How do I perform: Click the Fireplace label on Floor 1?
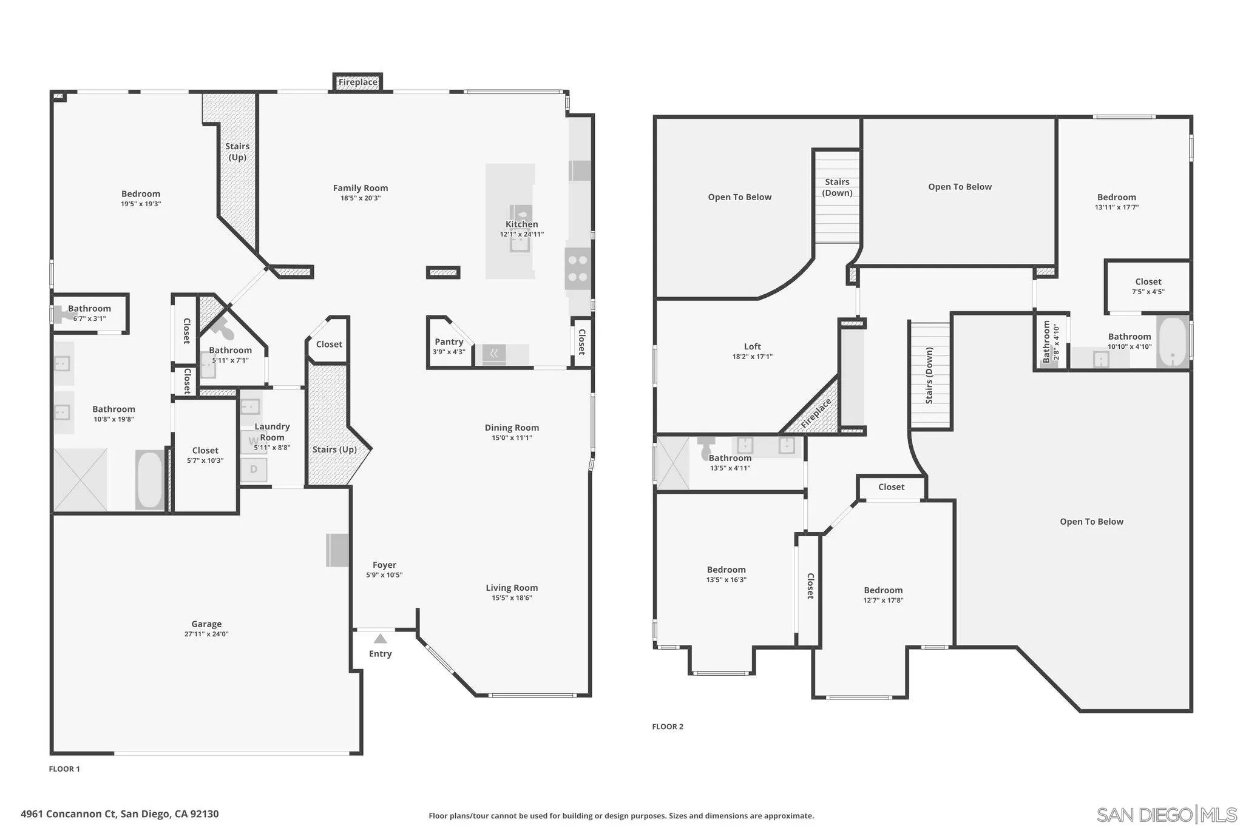point(357,82)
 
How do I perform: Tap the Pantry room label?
point(449,342)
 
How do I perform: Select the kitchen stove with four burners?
point(577,269)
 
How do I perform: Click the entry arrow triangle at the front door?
point(380,638)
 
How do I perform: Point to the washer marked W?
point(253,442)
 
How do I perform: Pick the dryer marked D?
point(254,469)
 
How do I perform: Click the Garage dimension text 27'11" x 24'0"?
point(206,634)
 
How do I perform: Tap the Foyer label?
point(384,565)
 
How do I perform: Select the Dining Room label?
point(512,428)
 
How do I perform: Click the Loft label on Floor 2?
point(752,346)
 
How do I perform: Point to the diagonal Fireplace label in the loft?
point(816,414)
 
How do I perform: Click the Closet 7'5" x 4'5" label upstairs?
point(1148,282)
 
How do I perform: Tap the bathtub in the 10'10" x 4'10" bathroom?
point(1173,343)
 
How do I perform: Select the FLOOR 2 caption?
point(667,727)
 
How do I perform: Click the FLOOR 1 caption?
point(64,769)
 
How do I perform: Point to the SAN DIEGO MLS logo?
point(1166,814)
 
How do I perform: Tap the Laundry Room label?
point(272,432)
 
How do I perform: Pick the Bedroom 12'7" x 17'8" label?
point(883,590)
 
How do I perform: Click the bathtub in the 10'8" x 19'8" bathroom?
point(149,479)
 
